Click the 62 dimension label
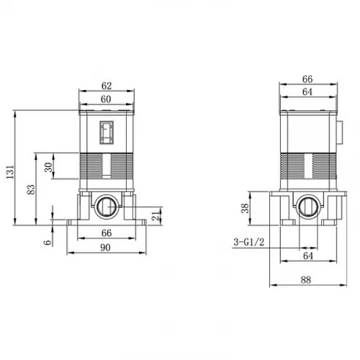pos(107,86)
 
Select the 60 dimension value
pos(106,99)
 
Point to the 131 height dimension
pos(10,172)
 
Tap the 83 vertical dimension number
pos(31,189)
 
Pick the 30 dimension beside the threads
pos(48,167)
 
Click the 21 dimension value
pos(156,216)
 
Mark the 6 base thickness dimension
pos(48,242)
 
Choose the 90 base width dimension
pos(105,248)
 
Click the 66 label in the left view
pos(107,233)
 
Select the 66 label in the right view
pos(307,79)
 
